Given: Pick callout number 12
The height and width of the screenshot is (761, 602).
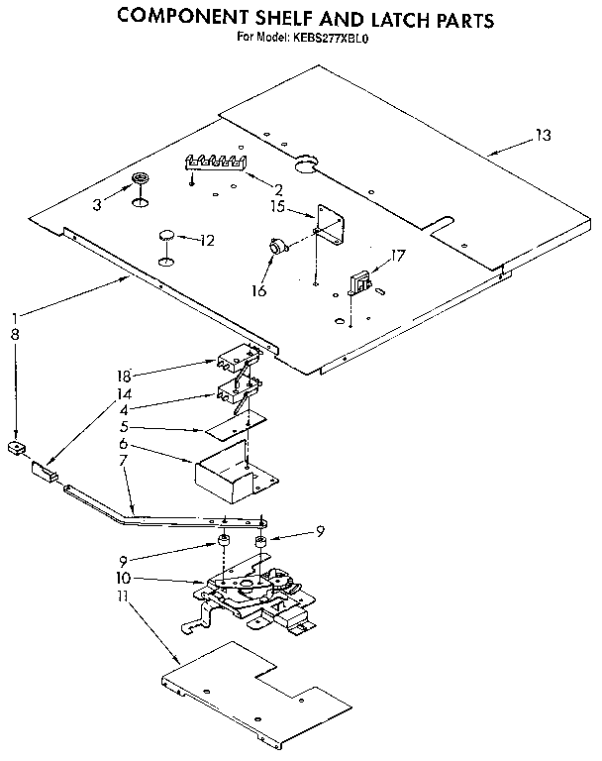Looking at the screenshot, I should (x=207, y=240).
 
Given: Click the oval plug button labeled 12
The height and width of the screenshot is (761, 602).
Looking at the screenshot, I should (x=166, y=237).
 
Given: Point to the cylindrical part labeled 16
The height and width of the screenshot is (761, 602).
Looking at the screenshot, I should (x=274, y=248).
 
